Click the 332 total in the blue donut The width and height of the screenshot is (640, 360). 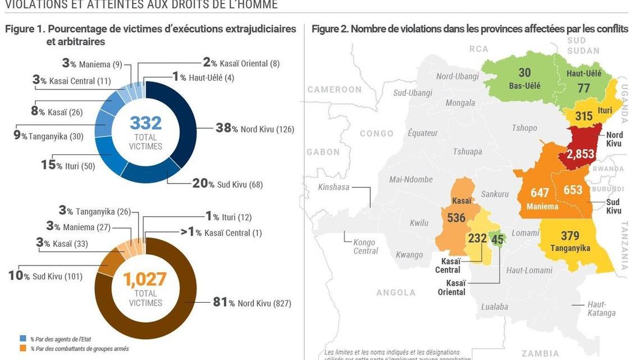coord(145,122)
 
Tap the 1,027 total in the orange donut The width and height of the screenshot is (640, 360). coord(145,278)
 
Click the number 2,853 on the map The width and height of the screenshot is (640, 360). coord(580,154)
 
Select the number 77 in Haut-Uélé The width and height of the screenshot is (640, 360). coord(584,88)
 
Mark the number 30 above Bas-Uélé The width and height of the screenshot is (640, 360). coord(524,73)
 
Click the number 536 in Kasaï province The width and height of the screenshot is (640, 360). coord(456,217)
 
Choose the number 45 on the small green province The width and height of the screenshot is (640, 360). coord(497,239)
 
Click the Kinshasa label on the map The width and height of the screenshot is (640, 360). coord(335,187)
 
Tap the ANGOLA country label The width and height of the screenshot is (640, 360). coord(396,293)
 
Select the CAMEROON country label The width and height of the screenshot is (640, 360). coord(335,89)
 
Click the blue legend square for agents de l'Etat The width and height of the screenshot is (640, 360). coord(22,339)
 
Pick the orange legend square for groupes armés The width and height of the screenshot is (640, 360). coord(22,349)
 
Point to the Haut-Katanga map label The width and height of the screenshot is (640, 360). coord(601,308)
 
